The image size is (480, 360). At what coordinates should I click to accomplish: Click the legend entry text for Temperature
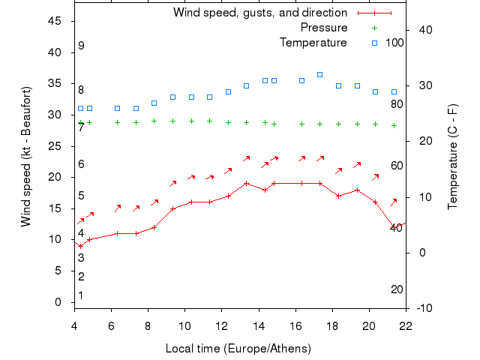(313, 43)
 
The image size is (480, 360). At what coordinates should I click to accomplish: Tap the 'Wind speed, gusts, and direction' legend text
(259, 13)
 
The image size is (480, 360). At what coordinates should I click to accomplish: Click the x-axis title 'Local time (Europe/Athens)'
(238, 349)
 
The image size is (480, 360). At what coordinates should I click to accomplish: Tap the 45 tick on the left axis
(55, 21)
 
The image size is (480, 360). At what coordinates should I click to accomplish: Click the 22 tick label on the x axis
(406, 325)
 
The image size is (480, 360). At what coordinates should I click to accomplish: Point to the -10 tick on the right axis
(423, 308)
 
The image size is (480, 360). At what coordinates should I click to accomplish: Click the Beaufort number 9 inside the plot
(81, 46)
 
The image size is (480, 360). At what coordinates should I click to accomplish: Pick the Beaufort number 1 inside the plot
(81, 295)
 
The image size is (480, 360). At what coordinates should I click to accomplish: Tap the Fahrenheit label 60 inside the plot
(397, 166)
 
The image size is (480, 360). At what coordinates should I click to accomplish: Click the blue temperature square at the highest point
(319, 74)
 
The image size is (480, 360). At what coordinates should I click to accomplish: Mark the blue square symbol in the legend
(375, 43)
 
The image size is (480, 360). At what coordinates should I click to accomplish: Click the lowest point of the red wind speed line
(80, 246)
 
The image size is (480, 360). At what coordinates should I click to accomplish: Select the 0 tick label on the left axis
(58, 302)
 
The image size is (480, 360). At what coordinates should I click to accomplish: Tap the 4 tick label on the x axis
(74, 325)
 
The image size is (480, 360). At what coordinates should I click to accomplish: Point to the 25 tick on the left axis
(55, 146)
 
